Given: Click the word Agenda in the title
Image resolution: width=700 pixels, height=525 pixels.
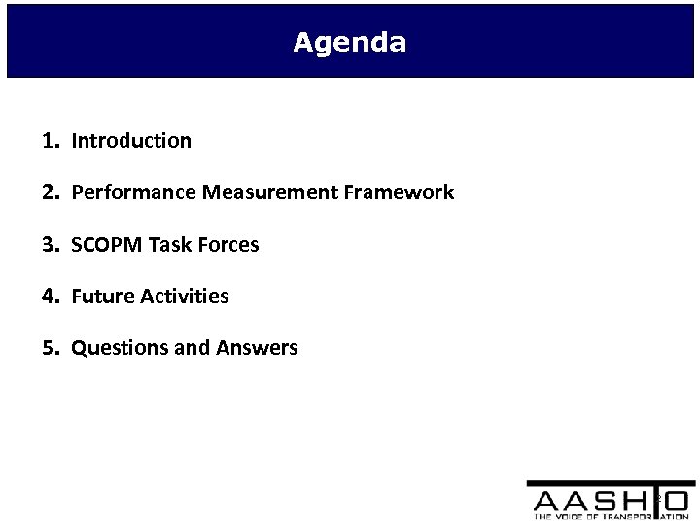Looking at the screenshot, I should point(350,44).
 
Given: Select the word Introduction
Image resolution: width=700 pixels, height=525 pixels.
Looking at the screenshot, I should point(131,141).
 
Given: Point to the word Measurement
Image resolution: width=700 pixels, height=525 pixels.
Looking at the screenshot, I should point(263,192).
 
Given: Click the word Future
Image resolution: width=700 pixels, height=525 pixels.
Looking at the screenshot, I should point(102,297).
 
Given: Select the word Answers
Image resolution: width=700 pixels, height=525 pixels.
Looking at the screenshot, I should point(257,348).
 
